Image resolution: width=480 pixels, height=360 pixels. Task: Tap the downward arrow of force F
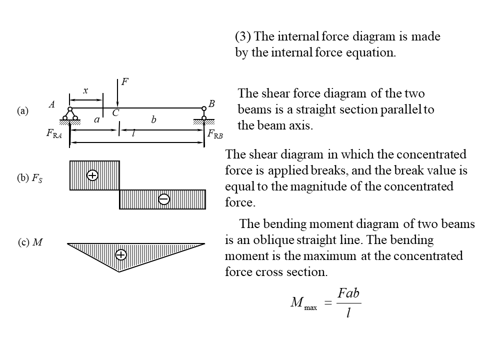pos(117,95)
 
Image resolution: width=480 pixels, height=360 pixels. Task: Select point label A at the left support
pos(51,104)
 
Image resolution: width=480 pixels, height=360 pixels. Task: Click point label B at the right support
pos(211,103)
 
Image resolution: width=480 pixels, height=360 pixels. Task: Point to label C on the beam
pos(115,113)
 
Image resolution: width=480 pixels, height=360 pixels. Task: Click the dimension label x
pos(85,90)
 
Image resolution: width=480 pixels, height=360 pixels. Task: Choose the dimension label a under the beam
pos(97,120)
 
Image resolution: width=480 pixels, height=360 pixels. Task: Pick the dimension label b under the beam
pos(153,120)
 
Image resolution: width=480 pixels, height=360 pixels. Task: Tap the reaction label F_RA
pos(54,134)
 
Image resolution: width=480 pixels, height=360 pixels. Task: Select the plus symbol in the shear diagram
pos(92,175)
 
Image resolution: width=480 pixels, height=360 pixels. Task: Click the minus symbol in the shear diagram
pos(163,199)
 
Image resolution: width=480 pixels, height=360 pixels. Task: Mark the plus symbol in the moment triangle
pos(120,255)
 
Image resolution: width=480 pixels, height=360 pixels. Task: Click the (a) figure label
pos(22,111)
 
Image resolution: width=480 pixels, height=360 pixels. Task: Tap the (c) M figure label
pos(30,243)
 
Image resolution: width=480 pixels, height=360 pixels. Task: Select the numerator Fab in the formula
pos(348,293)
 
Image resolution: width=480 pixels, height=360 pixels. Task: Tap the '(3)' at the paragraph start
pos(243,36)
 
